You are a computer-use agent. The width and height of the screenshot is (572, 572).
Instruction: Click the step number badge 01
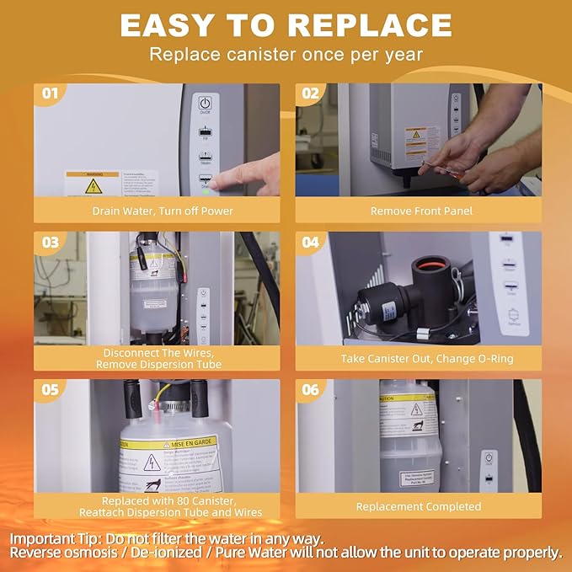pos(50,93)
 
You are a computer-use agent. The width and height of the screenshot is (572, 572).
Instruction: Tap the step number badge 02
pos(311,93)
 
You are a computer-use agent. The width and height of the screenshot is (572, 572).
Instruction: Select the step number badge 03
pos(50,242)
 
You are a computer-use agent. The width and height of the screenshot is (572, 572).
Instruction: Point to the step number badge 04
pos(311,242)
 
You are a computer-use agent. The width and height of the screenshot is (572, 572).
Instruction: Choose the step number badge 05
pos(50,389)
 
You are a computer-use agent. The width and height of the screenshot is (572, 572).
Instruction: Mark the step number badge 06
pos(311,389)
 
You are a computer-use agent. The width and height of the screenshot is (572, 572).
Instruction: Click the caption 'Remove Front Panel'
pos(418,211)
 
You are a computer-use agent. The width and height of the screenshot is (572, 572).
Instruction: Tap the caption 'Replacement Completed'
pos(418,506)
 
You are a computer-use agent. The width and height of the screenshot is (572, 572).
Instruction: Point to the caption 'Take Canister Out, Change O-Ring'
pos(418,358)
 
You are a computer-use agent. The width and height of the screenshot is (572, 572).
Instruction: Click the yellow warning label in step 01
pos(94,183)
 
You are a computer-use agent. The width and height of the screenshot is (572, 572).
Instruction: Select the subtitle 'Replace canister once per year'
pos(286,55)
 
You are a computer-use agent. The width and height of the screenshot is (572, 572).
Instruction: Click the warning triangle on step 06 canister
pos(416,409)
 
